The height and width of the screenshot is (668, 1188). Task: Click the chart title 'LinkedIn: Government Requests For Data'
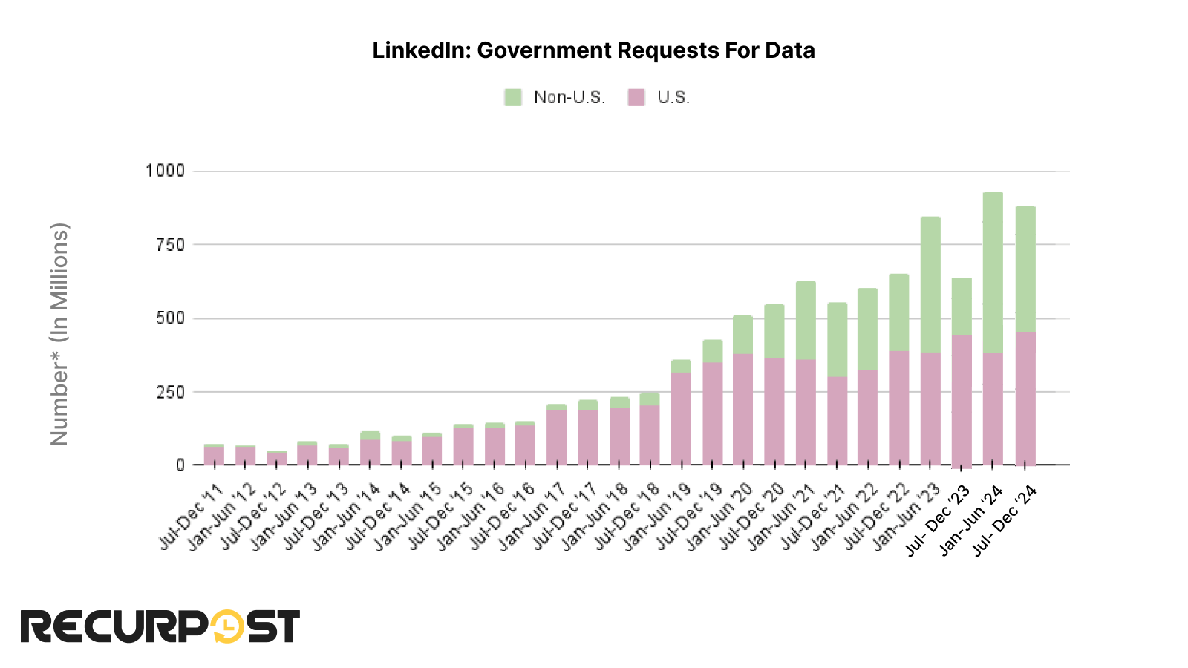[593, 50]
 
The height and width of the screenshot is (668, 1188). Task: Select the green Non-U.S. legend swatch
[513, 97]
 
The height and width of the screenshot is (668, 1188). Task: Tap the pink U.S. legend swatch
[636, 97]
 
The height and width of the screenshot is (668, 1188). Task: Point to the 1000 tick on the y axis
[165, 171]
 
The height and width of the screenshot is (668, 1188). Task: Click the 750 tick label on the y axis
[169, 244]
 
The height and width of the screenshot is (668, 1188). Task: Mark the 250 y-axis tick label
[169, 391]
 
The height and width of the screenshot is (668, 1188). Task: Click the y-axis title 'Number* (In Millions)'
[59, 334]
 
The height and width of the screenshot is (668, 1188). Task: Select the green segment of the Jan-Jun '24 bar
[993, 271]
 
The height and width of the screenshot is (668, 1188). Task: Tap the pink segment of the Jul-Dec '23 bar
[962, 401]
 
